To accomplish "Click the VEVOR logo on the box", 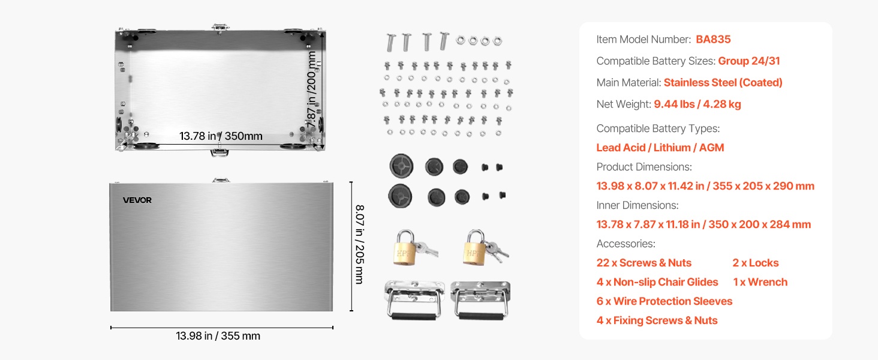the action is point(137,200).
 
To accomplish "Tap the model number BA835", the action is point(713,39).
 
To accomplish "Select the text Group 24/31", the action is point(748,61).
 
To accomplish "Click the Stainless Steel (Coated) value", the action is point(723,82).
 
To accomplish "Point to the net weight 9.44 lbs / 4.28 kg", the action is point(697,104).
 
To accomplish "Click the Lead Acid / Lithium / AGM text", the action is point(660,148).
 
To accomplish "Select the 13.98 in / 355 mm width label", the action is point(218,335).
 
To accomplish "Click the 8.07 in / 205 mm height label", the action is point(359,244).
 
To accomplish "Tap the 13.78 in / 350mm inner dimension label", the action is point(221,136).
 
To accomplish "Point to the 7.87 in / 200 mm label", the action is point(312,89).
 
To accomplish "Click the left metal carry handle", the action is point(414,299).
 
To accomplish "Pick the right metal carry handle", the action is point(480,299).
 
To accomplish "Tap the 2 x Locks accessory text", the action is point(755,263).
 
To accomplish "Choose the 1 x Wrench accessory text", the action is point(760,282).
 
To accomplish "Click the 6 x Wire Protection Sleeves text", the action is point(664,301).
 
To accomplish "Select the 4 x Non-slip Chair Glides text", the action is point(657,282).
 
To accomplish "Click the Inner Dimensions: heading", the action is point(638,205).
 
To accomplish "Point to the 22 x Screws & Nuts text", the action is point(644,263).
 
